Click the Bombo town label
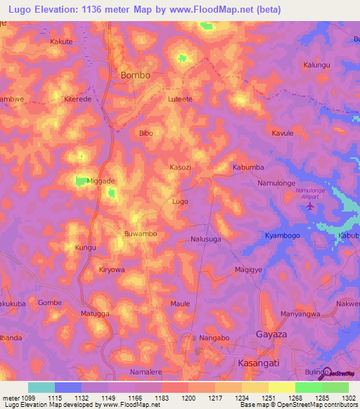coord(136,74)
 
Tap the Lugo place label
coord(180,201)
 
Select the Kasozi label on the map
coord(181,167)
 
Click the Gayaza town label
coord(271,335)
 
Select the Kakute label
coord(61,41)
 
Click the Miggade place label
coord(100,181)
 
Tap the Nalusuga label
coord(206,239)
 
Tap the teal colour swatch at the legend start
coord(41,387)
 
